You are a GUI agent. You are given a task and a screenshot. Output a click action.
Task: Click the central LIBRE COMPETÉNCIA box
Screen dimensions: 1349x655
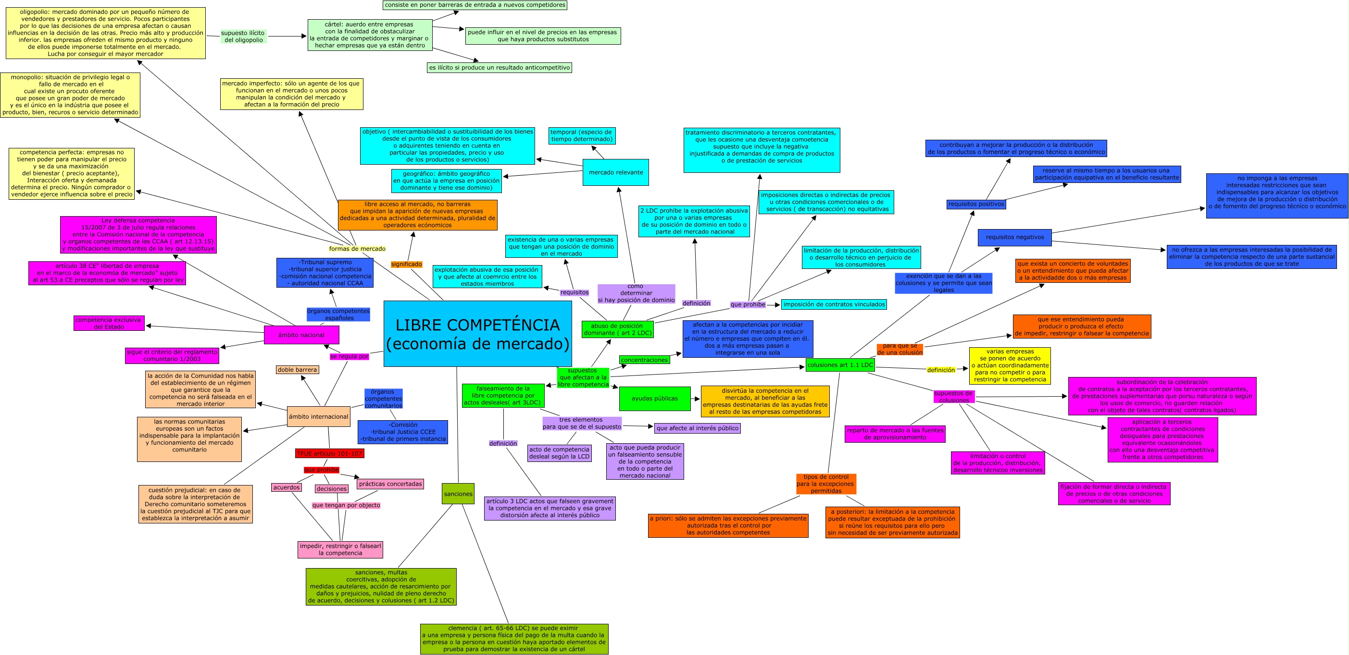(x=477, y=334)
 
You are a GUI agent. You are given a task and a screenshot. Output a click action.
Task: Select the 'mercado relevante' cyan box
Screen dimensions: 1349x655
(x=615, y=172)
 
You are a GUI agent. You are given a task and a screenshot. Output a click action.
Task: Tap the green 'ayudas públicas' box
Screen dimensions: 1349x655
(x=654, y=399)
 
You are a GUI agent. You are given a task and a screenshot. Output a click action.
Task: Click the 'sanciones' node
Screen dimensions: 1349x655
(x=458, y=494)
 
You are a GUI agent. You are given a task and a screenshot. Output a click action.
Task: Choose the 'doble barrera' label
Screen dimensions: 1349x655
(x=298, y=370)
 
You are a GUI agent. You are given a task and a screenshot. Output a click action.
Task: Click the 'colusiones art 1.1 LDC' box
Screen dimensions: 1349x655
(x=840, y=365)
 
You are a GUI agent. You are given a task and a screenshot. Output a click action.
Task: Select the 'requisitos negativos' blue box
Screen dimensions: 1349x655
(x=1014, y=237)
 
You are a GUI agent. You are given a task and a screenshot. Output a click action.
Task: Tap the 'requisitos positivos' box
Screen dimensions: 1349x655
(x=976, y=204)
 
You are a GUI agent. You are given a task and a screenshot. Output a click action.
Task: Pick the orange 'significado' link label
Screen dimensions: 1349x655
(x=406, y=264)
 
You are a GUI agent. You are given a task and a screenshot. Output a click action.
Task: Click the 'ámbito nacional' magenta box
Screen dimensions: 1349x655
(x=301, y=335)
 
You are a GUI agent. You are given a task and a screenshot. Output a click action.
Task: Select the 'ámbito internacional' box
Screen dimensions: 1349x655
(x=318, y=417)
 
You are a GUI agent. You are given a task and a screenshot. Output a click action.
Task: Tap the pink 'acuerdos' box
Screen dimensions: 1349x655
(x=287, y=487)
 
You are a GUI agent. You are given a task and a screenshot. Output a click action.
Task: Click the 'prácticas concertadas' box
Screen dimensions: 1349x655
(x=390, y=484)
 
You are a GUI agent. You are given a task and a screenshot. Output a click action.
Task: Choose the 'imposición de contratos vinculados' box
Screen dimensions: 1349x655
(x=834, y=304)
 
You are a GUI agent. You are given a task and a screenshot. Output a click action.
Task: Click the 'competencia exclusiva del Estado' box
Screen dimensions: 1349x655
(x=108, y=323)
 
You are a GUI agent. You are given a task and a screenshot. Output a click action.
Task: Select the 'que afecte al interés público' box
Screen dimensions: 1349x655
(x=697, y=428)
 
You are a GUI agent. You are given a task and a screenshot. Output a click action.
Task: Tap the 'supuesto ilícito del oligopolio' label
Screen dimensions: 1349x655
(x=243, y=36)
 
